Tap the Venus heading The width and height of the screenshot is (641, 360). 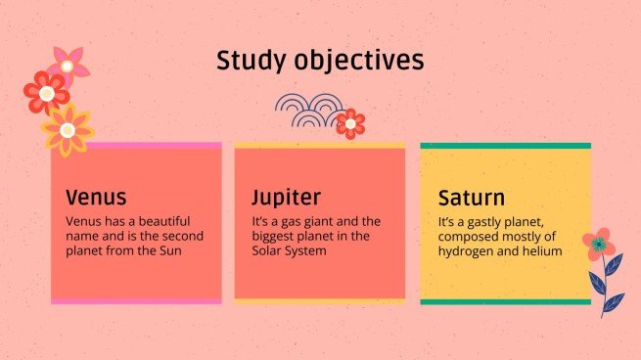click(x=96, y=197)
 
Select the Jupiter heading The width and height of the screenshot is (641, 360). click(x=286, y=197)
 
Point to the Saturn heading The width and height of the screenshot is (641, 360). click(x=472, y=197)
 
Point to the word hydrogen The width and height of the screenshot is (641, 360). click(x=469, y=250)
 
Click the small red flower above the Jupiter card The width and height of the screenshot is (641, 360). click(x=349, y=123)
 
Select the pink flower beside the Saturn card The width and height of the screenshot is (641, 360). click(x=597, y=243)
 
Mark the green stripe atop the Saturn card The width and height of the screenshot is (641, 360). click(x=505, y=146)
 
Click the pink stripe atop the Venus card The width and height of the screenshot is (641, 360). click(x=136, y=146)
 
